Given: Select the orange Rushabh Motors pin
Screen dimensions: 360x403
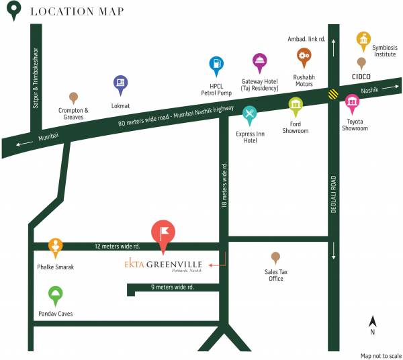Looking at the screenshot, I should tap(304, 56).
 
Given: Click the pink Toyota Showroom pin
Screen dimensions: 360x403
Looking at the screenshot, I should tap(352, 103).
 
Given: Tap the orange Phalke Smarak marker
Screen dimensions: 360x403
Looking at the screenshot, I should tap(56, 246).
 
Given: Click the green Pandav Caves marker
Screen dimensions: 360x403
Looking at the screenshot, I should tap(56, 294).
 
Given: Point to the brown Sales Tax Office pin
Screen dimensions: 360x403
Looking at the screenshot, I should tap(275, 257).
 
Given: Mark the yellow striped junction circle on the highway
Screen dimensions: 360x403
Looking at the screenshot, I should tap(333, 95).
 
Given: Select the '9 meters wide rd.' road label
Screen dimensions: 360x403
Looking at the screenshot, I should tap(172, 287).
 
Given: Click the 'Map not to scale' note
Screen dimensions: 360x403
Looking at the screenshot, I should tap(380, 355).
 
